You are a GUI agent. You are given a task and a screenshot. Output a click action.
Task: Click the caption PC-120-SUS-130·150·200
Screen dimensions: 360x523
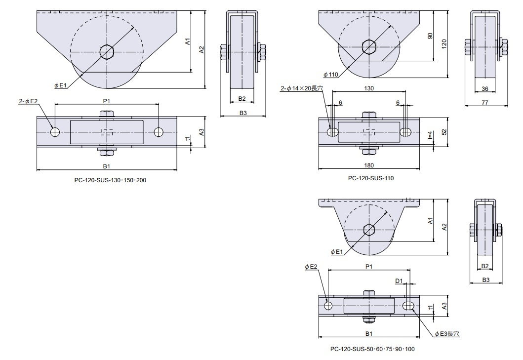click(107, 180)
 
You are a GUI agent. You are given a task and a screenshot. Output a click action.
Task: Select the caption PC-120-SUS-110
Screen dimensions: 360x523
click(371, 178)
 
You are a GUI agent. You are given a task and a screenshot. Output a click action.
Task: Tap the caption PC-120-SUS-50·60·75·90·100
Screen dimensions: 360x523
click(372, 349)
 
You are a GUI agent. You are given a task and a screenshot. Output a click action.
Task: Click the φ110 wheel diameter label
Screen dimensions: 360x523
click(330, 75)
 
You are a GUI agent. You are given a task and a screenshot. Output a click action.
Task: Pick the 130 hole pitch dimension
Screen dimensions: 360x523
click(369, 88)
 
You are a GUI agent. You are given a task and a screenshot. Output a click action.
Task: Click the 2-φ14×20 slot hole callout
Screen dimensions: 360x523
click(301, 88)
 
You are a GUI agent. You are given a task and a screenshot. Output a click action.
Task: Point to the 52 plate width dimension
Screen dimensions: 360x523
click(444, 132)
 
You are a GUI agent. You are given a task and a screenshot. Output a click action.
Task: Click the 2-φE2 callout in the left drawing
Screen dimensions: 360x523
click(29, 101)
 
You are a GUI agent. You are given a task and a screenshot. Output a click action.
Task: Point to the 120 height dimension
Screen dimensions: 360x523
click(444, 44)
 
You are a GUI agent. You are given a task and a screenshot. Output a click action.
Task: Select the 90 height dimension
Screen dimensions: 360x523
click(430, 36)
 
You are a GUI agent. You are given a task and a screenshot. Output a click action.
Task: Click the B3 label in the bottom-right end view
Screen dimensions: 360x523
click(485, 280)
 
